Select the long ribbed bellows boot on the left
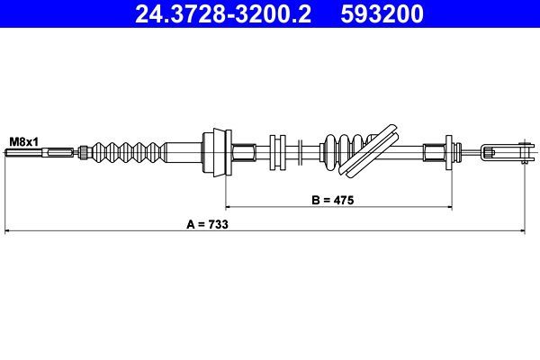126,151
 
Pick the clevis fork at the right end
504,151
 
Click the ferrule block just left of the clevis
438,151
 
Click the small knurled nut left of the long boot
83,151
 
